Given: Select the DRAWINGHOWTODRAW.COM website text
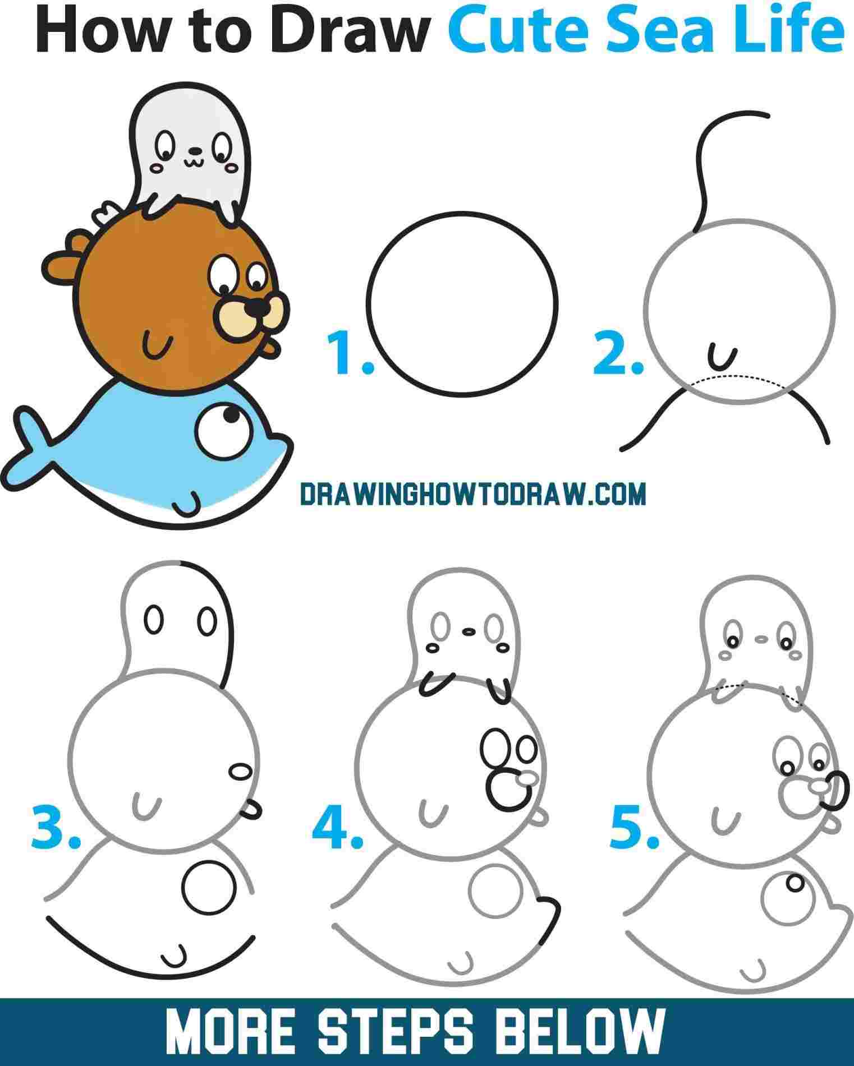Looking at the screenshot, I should pos(473,494).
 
